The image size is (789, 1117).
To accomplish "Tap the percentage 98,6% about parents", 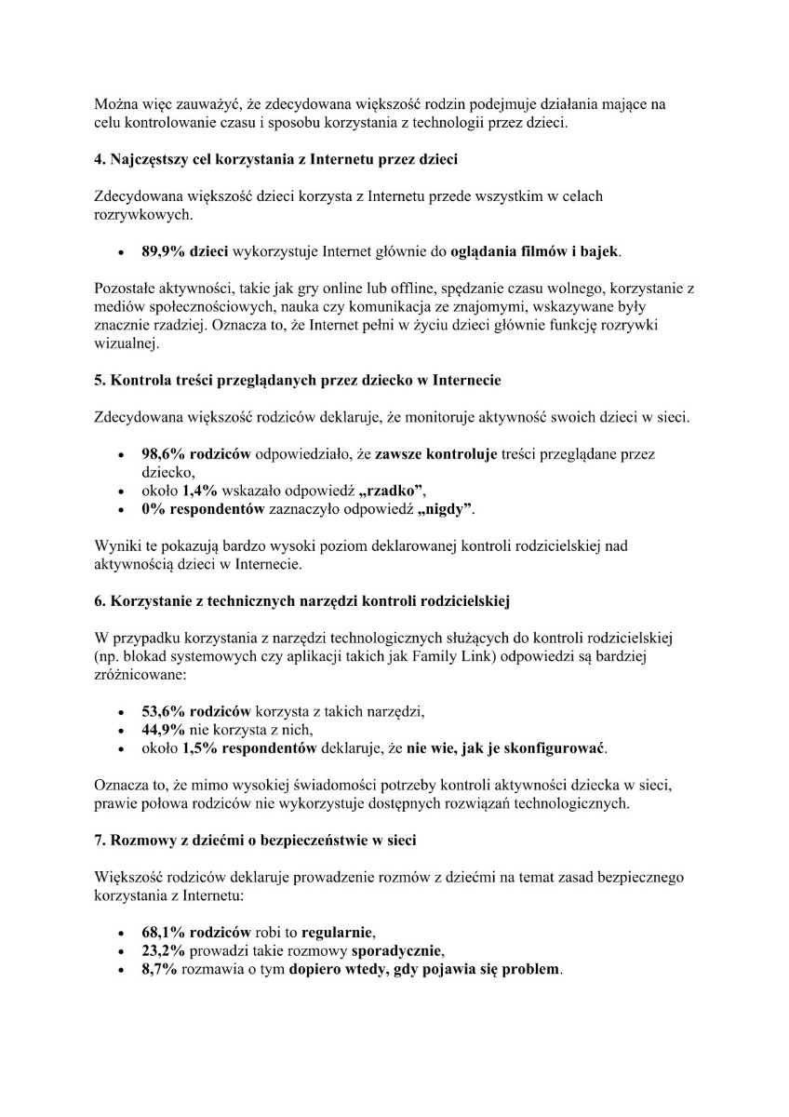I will click(164, 454).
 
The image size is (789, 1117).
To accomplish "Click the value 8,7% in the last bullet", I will click(159, 969).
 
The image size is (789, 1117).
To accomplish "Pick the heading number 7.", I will click(100, 840).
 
